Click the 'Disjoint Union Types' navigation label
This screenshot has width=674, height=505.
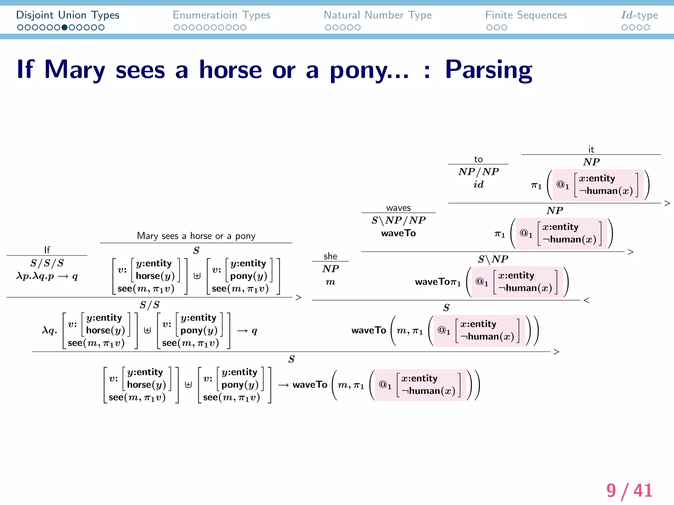tap(67, 15)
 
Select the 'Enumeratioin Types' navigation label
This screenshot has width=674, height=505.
tap(221, 15)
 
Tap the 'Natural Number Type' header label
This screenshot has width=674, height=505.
tap(377, 15)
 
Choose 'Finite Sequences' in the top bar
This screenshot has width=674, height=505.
tap(526, 15)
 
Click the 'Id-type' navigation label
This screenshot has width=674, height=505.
tap(639, 15)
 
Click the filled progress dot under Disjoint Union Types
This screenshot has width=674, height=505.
tap(65, 28)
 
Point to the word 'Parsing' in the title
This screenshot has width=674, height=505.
tap(488, 70)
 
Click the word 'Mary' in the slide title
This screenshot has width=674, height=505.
tap(75, 70)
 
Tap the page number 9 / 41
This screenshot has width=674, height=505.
tap(629, 491)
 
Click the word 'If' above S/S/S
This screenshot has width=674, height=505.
tap(47, 250)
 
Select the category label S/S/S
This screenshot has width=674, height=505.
tap(47, 263)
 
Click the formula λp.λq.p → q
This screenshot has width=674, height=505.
tap(47, 276)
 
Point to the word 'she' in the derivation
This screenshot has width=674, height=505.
tap(330, 256)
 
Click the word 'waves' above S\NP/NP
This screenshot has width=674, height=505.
tap(398, 208)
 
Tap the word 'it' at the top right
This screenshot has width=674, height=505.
tap(591, 150)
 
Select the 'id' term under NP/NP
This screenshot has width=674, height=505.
tap(478, 184)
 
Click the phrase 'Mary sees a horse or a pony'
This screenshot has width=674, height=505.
tap(196, 236)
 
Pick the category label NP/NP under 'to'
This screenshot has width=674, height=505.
tap(478, 172)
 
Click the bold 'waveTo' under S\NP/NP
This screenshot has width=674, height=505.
tap(398, 233)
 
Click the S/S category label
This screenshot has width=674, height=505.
tap(149, 305)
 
